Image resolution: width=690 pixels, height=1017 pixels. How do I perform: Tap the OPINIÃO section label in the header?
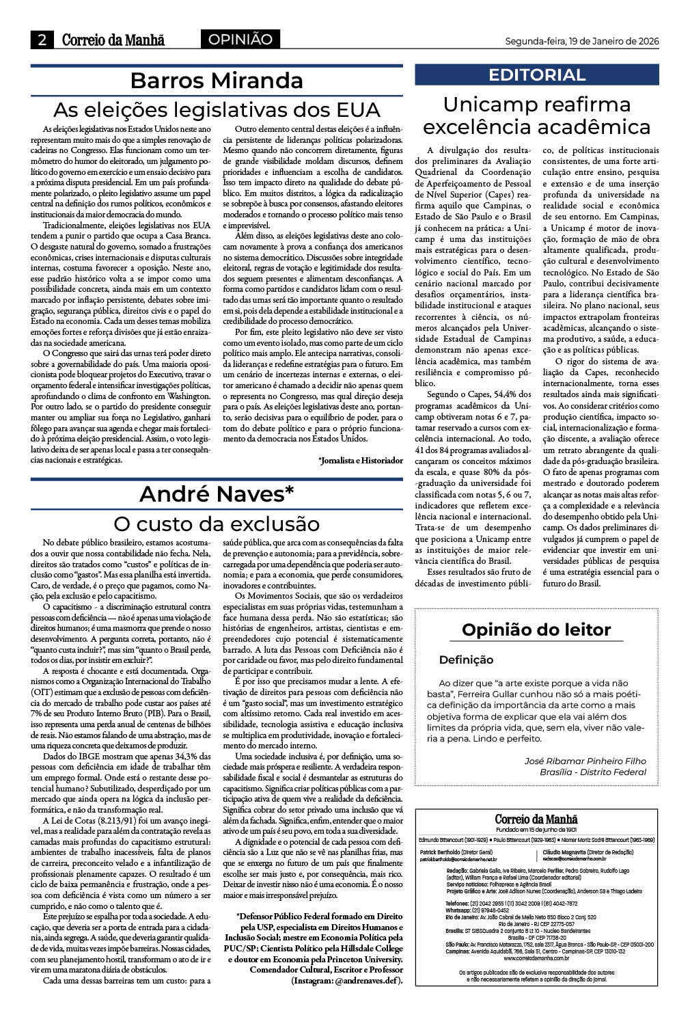(240, 40)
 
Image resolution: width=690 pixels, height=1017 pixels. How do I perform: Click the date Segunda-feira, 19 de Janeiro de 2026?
(581, 41)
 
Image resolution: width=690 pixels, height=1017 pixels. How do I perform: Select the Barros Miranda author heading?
(217, 81)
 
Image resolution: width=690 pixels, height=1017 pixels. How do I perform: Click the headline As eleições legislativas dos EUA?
(217, 109)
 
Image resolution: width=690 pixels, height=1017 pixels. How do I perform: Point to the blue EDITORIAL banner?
(537, 75)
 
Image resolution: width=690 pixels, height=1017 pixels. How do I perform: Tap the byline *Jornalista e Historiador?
(360, 461)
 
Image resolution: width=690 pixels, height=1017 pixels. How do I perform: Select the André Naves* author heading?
(217, 493)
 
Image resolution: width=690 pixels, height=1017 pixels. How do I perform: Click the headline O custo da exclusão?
(217, 524)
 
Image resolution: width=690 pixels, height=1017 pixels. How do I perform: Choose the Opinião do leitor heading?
(536, 629)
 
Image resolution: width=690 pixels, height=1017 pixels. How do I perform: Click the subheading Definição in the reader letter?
(466, 660)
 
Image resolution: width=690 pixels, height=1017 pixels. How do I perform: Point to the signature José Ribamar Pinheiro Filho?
(585, 761)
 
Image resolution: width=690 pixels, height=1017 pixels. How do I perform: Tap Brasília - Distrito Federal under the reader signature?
(592, 772)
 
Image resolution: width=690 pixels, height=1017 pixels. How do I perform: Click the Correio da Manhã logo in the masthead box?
(536, 819)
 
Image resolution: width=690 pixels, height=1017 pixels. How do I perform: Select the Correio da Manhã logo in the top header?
(113, 40)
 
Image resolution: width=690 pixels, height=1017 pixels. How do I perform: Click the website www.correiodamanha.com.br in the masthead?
(536, 958)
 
